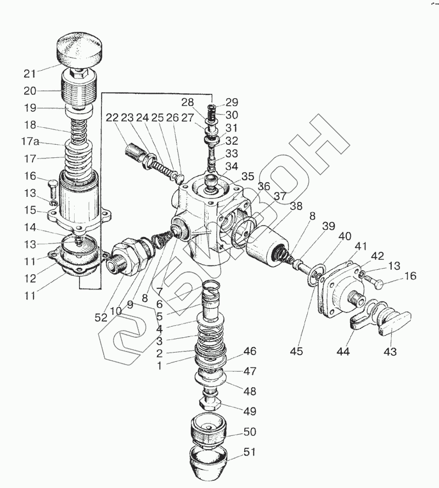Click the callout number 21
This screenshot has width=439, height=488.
(x=30, y=73)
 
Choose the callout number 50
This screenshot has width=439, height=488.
(x=250, y=433)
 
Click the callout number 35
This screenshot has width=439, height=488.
(x=249, y=177)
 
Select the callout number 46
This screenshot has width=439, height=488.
(x=250, y=351)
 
